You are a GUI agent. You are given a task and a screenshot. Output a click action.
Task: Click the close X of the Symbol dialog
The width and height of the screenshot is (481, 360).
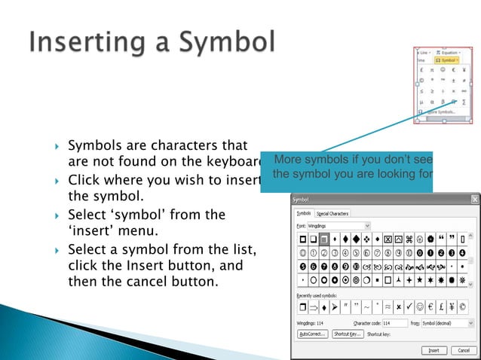tap(475, 200)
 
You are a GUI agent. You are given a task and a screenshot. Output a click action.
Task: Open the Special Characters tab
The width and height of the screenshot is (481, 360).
tap(332, 214)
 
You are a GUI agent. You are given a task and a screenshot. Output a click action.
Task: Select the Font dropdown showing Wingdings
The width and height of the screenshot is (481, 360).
tap(343, 225)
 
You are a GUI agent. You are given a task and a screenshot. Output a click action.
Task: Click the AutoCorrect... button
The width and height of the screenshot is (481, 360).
tap(313, 334)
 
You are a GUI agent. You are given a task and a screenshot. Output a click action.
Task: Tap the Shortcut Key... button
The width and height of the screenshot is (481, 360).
tap(348, 334)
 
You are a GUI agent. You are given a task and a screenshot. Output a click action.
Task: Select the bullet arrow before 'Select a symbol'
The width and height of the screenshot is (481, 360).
tap(58, 250)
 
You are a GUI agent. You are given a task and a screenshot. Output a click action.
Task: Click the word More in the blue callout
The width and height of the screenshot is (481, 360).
tap(291, 160)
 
